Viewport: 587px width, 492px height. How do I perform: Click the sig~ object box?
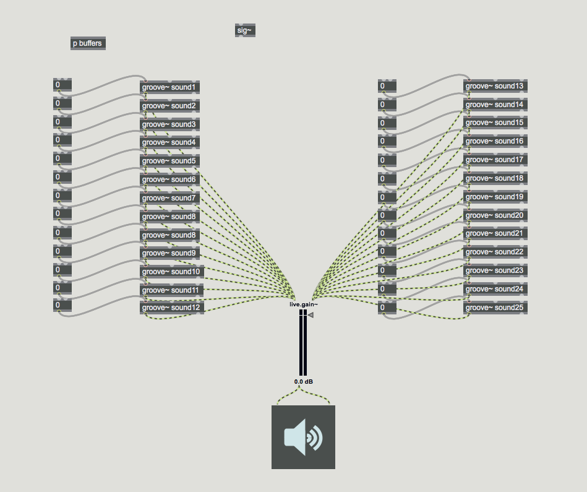pos(245,30)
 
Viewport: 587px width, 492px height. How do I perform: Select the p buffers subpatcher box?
pos(88,43)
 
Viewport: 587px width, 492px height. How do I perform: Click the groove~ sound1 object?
pos(169,87)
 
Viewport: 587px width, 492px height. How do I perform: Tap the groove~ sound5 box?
pos(169,161)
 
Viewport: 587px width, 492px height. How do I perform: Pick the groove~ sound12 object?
pos(172,308)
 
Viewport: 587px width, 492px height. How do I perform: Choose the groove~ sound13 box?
pos(495,86)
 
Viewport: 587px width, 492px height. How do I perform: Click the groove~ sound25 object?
pos(495,308)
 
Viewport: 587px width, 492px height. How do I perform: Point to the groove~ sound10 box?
pos(172,272)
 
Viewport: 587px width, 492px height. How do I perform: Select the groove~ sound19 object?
pos(495,197)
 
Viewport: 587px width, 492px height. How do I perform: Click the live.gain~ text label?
pos(304,304)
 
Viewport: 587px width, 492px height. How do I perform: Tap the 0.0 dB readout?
pos(303,382)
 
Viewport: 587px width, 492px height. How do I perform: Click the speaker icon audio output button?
pos(303,437)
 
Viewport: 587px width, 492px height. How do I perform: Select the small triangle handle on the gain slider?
pos(311,315)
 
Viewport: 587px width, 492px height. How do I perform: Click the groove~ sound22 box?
pos(495,252)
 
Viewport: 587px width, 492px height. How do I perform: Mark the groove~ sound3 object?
pos(169,124)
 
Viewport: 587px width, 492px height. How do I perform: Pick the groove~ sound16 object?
pos(495,141)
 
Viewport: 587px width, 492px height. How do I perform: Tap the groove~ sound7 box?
pos(169,198)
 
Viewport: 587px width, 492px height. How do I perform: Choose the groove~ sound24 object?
pos(495,289)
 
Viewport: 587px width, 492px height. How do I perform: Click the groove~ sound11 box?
pos(172,290)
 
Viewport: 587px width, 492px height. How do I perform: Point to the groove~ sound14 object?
pos(495,105)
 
